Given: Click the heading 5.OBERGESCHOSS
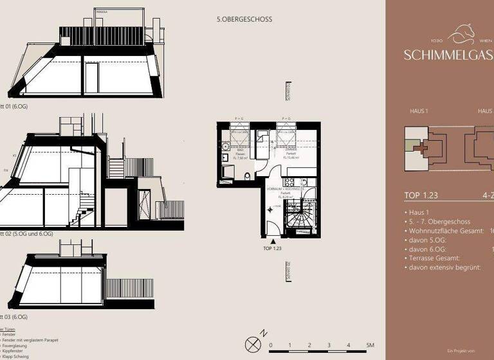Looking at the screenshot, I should coord(244,19).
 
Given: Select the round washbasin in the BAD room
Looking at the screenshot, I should coord(226,156).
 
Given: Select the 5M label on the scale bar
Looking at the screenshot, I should coord(370,345).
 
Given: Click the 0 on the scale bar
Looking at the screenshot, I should coord(271,345).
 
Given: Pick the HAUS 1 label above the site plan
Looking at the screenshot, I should coord(419,111).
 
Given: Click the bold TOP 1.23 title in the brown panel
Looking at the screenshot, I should coord(421,196).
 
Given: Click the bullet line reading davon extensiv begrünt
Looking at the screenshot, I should coord(444,267).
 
